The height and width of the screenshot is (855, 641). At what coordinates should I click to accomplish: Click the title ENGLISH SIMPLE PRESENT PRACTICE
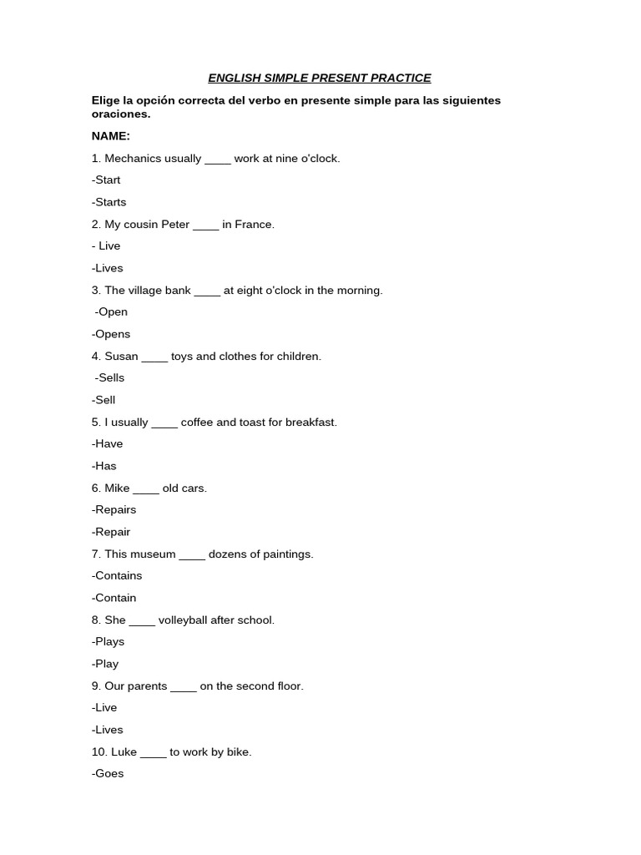point(320,78)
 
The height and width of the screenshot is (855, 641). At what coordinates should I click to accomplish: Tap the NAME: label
point(111,136)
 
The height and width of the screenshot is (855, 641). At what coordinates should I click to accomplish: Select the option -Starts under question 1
point(109,202)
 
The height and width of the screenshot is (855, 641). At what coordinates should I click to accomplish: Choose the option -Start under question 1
point(106,180)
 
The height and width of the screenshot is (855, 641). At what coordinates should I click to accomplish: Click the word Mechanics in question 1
point(130,159)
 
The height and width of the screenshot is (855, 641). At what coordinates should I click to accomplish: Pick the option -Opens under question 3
point(111,334)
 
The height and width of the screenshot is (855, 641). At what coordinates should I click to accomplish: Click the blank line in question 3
point(207,291)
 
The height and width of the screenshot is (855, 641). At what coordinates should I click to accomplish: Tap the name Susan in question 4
point(122,357)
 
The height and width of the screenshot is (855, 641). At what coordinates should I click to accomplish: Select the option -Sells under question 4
point(109,378)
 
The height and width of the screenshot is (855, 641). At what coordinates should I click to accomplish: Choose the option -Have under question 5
point(108,444)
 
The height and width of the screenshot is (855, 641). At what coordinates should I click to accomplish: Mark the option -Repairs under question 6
point(114,510)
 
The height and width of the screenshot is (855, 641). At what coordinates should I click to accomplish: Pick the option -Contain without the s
point(114,598)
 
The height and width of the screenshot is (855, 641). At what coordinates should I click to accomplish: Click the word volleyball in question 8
point(187,620)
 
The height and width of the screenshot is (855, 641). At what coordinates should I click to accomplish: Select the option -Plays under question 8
point(109,642)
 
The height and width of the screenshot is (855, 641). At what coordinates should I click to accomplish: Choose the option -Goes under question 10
point(108,774)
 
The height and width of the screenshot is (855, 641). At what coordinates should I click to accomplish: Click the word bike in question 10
point(239,752)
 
